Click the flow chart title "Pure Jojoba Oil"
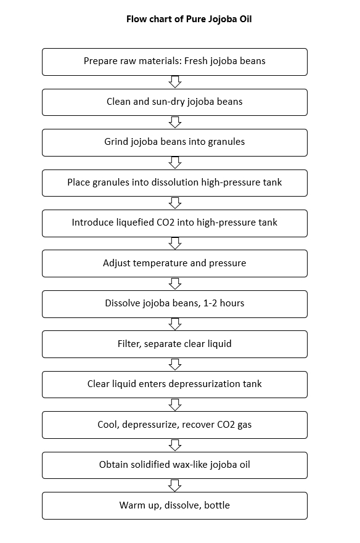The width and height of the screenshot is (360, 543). [x=189, y=19]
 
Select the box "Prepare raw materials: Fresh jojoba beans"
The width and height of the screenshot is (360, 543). [x=174, y=62]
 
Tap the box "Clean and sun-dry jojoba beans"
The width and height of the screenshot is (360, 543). [x=174, y=102]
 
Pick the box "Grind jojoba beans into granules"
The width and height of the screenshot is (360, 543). [x=174, y=142]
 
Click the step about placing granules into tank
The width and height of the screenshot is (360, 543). [x=174, y=182]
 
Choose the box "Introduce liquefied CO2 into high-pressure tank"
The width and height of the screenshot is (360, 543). [x=174, y=223]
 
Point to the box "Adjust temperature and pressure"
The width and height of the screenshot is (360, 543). [x=174, y=263]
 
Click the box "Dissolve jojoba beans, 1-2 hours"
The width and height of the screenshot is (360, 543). [x=174, y=304]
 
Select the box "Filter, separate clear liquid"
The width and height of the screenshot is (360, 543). [x=174, y=344]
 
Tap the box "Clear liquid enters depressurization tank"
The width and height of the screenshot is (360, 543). [x=174, y=385]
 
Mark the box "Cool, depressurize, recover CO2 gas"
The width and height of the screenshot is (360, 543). [x=174, y=425]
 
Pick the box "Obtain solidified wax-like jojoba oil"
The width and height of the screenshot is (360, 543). [x=174, y=465]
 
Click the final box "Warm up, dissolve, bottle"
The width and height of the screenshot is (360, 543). [x=174, y=505]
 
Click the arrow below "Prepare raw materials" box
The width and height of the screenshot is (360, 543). [x=175, y=82]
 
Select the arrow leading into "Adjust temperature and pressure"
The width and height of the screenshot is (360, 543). [x=175, y=243]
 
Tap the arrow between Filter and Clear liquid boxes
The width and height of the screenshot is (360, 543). [x=175, y=364]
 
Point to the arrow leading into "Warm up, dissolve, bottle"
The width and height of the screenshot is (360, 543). [x=175, y=486]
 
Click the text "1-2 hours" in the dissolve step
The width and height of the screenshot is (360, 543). [x=224, y=304]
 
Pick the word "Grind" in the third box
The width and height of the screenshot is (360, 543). [x=117, y=142]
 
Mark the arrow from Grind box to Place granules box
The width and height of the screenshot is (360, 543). [x=175, y=163]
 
